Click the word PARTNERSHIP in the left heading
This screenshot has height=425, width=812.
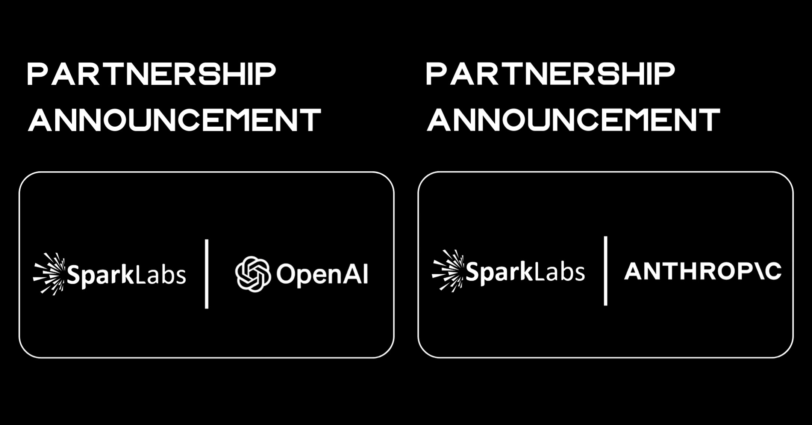151,74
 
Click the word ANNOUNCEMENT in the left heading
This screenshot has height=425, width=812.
174,120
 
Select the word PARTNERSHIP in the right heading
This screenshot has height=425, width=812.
550,74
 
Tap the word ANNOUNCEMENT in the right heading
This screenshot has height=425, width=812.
573,120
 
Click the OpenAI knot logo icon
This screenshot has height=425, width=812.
253,274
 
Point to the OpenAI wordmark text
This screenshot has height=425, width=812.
322,274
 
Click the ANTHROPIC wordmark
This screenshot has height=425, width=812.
703,271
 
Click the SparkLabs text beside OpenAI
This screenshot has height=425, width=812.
126,275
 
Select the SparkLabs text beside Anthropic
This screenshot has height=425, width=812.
525,272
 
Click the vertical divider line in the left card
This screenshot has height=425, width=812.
207,274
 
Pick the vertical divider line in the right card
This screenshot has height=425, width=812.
606,271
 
